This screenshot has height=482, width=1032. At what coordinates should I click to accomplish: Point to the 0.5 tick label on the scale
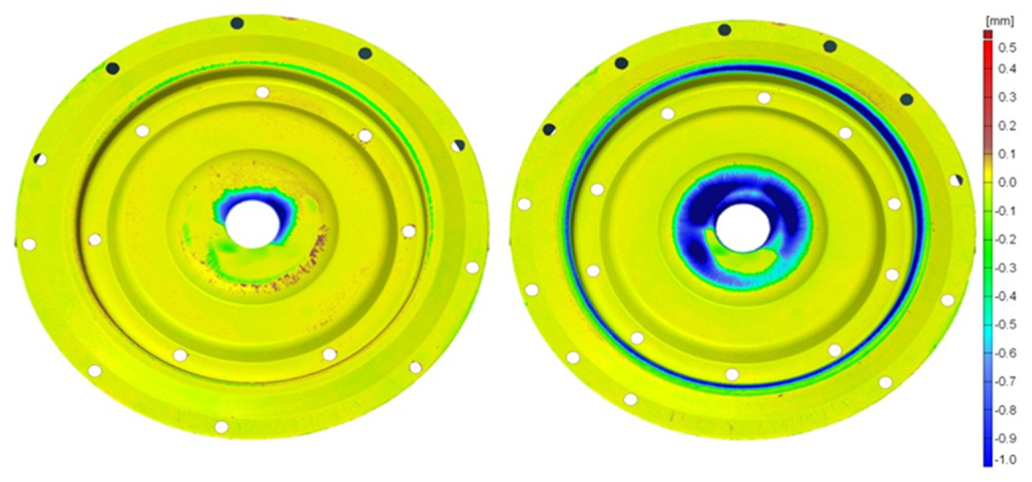click(x=1007, y=48)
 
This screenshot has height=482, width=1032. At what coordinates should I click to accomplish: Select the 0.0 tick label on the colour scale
click(x=1007, y=182)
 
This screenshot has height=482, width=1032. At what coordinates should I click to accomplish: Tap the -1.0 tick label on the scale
click(x=1005, y=459)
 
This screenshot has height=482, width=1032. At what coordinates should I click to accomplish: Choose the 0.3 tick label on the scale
click(x=1007, y=97)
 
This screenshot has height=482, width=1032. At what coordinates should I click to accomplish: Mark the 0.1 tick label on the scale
click(x=1007, y=154)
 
